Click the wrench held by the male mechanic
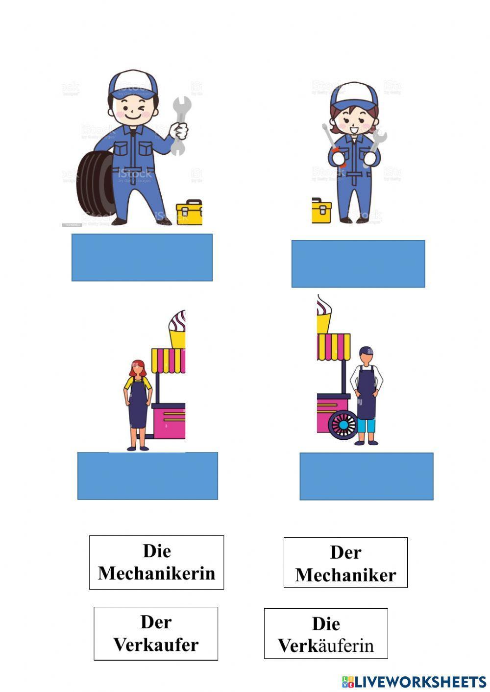[180, 125]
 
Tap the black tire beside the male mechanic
[96, 184]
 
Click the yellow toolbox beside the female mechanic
[321, 211]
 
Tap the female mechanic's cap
[354, 95]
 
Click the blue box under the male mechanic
[142, 257]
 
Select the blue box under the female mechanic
[358, 263]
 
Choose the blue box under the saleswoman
[147, 476]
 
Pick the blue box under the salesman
[367, 476]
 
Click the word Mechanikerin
[157, 573]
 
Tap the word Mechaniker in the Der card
[345, 575]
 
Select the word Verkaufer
[156, 644]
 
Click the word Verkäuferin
[326, 645]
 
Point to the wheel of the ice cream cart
[343, 425]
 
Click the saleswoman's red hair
[138, 367]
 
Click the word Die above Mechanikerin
[157, 551]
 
